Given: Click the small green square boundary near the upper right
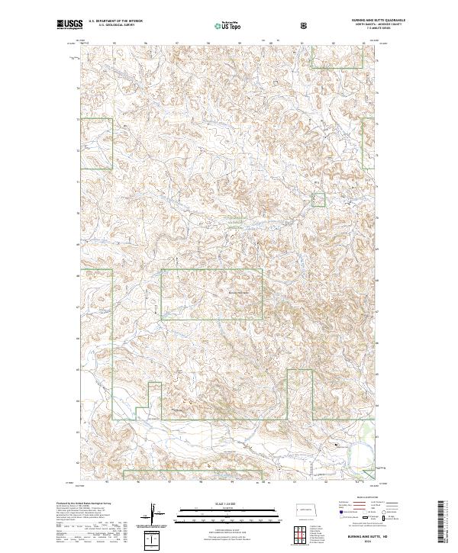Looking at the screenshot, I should tap(318, 200).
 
